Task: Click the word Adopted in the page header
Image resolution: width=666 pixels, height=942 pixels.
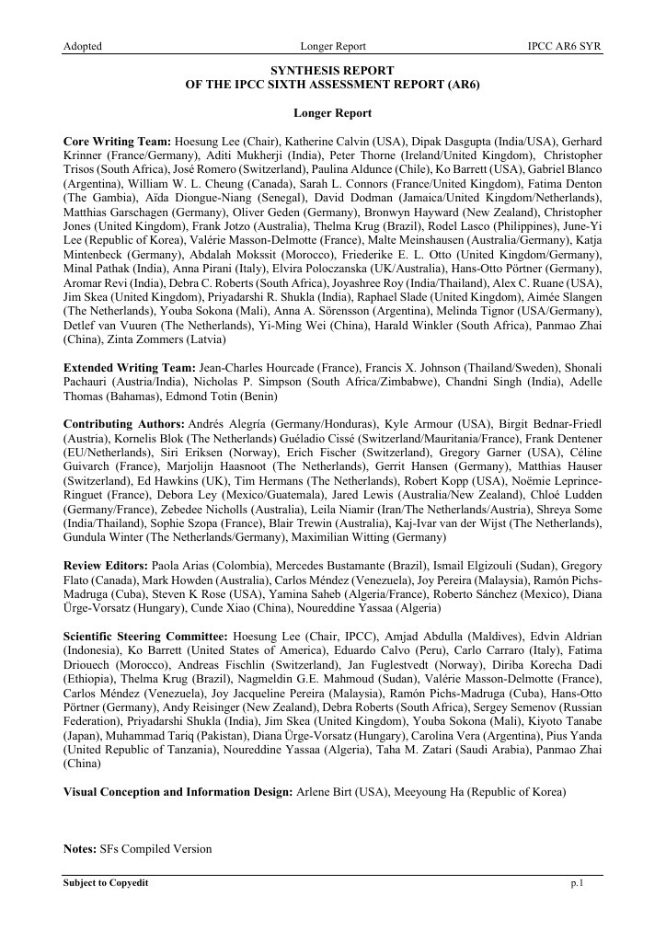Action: (82, 46)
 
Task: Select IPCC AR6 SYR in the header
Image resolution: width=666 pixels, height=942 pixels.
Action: (565, 46)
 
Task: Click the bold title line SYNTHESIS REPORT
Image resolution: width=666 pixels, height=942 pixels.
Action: (332, 70)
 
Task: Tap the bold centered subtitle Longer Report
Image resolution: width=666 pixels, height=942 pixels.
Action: (332, 113)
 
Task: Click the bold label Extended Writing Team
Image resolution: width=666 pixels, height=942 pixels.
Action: (129, 366)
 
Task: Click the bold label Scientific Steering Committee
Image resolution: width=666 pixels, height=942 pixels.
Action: (145, 637)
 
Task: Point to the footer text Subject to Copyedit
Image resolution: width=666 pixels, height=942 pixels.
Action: (106, 883)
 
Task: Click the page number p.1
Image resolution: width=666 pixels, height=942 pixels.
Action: (577, 883)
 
